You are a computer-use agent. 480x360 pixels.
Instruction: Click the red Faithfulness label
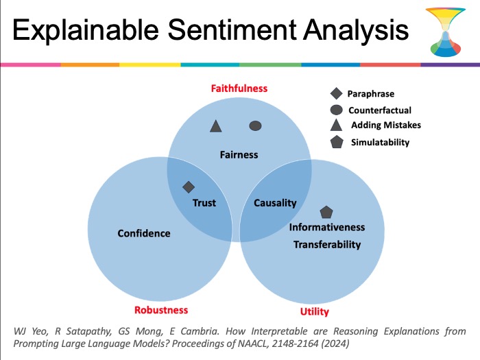(x=239, y=88)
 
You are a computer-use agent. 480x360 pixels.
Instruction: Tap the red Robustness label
(x=161, y=310)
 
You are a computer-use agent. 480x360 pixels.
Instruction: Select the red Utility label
(x=314, y=311)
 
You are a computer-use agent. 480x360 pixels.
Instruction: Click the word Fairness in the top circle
(x=239, y=154)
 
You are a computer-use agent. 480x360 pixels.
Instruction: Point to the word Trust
(x=204, y=203)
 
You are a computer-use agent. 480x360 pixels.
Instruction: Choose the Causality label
(x=275, y=203)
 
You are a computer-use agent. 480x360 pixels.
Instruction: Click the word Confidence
(x=144, y=233)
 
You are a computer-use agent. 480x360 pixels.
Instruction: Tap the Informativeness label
(x=327, y=227)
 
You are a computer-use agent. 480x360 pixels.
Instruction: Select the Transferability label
(x=327, y=245)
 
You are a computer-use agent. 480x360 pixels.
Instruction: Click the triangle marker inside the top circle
(x=216, y=126)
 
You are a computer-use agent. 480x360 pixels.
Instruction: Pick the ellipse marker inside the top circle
(x=255, y=125)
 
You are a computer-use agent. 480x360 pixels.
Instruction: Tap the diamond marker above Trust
(x=189, y=187)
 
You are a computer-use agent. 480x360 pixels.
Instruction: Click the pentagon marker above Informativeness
(x=326, y=212)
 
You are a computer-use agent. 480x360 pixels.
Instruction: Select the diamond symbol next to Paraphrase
(x=337, y=93)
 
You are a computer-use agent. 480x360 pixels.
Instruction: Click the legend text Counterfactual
(x=380, y=110)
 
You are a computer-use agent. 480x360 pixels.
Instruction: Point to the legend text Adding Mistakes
(x=386, y=125)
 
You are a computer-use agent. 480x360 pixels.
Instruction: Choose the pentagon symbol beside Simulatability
(x=337, y=142)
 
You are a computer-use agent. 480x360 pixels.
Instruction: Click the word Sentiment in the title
(x=232, y=29)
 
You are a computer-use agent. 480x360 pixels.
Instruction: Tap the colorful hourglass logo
(x=446, y=32)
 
